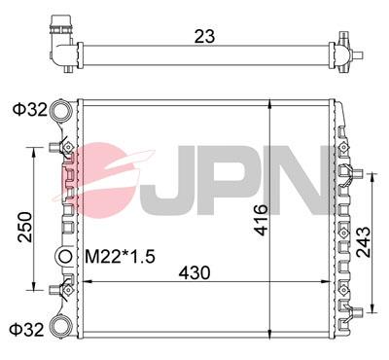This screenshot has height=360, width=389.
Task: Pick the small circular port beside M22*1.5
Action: (65, 257)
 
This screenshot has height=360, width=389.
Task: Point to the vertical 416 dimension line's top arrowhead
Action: (267, 102)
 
